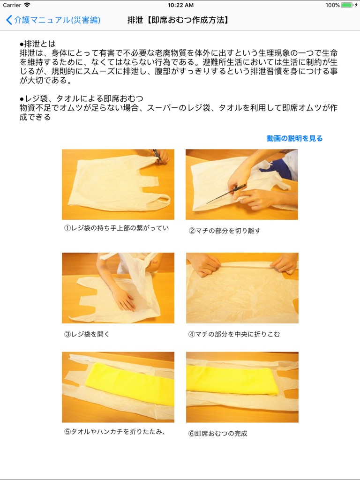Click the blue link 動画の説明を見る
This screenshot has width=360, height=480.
294,138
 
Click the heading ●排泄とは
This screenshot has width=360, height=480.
37,44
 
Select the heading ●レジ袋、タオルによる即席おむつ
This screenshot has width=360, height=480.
82,98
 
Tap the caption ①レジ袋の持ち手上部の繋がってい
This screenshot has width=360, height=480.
116,228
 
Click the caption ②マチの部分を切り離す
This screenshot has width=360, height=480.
225,231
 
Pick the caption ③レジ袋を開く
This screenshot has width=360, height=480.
87,334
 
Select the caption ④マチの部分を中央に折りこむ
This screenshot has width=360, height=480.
234,334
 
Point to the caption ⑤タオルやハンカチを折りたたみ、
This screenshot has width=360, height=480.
115,431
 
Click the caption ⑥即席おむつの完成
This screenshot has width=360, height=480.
217,434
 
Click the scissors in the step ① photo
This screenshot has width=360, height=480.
157,156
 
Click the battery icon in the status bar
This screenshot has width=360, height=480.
347,5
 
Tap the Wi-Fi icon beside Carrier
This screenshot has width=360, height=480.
27,5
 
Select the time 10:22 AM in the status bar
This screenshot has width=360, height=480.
180,5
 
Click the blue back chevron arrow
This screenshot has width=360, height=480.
9,20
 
